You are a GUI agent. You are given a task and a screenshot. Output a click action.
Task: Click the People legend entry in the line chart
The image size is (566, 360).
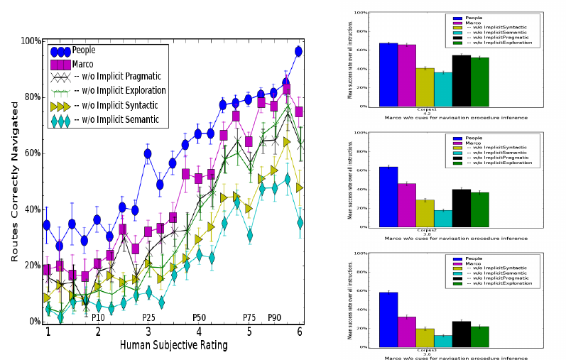coord(84,51)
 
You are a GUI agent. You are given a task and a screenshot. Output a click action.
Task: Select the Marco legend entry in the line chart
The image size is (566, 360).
coord(84,65)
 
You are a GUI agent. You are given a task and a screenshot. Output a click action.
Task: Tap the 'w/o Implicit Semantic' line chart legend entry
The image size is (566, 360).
coord(119,121)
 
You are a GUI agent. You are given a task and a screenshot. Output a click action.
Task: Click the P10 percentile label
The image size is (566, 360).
coord(98,317)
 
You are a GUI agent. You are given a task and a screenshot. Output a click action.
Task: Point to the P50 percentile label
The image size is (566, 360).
coord(199,317)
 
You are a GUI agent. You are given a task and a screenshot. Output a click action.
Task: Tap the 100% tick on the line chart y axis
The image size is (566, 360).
coord(30,41)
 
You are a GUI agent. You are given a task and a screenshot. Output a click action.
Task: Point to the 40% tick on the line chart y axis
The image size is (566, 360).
coord(31,209)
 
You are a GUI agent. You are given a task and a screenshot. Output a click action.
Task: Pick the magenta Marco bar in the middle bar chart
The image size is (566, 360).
coord(406,204)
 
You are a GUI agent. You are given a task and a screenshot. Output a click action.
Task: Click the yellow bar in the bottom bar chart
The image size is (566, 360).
coord(425,338)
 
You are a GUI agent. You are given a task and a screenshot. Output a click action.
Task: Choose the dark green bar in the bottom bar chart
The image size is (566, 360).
coord(480,337)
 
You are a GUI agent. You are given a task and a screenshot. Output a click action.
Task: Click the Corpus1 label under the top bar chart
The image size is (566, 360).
coord(406,110)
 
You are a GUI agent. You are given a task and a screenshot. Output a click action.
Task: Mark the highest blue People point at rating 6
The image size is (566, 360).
coord(298,51)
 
